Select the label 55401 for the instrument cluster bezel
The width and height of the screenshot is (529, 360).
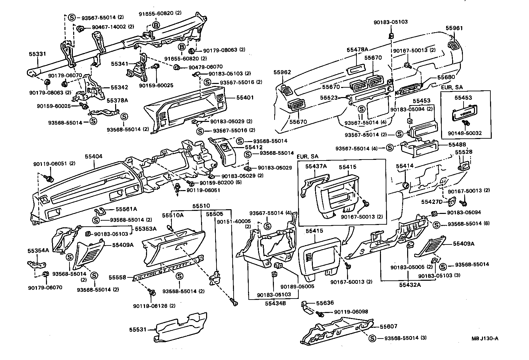pyautogui.click(x=245, y=98)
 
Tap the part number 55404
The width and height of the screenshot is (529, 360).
pyautogui.click(x=93, y=156)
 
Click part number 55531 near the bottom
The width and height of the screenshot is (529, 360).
pyautogui.click(x=138, y=330)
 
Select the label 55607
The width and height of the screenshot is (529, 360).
pyautogui.click(x=389, y=326)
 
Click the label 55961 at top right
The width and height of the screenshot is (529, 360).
pyautogui.click(x=454, y=28)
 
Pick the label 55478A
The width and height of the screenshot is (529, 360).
pyautogui.click(x=357, y=50)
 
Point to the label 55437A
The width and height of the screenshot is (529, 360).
pyautogui.click(x=316, y=167)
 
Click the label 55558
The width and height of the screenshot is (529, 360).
pyautogui.click(x=117, y=277)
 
